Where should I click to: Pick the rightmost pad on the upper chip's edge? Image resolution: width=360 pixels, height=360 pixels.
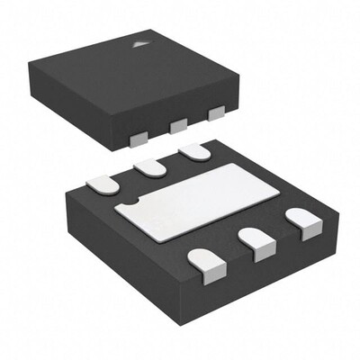(215, 113)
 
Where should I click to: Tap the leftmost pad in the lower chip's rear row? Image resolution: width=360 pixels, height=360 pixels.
(103, 184)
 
